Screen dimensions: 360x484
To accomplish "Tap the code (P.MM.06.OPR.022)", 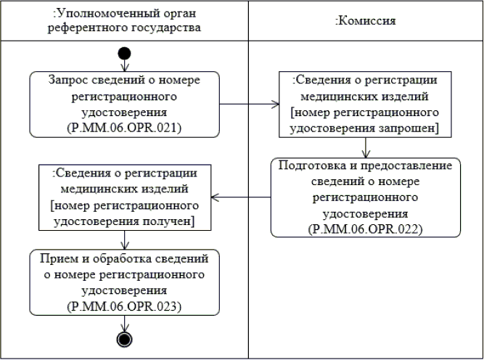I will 366,229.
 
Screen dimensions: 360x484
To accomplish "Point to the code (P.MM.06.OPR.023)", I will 125,306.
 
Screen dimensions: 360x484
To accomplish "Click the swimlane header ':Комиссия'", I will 365,20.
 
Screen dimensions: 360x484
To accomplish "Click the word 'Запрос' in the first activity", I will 66,81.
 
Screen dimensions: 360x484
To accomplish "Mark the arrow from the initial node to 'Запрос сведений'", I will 125,65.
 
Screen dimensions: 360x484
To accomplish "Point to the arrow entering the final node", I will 125,323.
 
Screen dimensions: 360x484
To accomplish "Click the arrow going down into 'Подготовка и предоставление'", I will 366,146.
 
